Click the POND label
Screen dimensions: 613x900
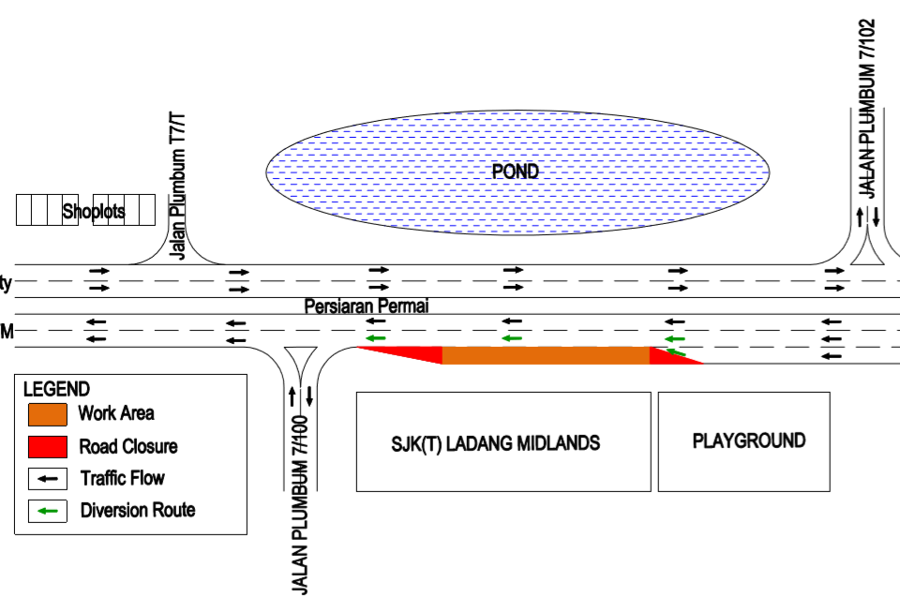click(x=516, y=172)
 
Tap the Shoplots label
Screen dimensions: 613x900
click(x=94, y=212)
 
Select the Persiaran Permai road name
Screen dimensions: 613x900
click(x=367, y=306)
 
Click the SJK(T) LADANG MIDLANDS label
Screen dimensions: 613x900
click(x=496, y=442)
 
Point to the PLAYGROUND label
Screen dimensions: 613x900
click(x=748, y=441)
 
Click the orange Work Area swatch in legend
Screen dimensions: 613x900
click(x=48, y=413)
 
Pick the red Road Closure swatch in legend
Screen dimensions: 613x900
click(x=48, y=446)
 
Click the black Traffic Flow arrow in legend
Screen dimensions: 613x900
click(x=48, y=478)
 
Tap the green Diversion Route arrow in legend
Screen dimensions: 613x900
click(x=48, y=511)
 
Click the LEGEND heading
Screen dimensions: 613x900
click(x=56, y=389)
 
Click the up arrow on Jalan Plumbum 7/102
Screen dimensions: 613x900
click(x=860, y=217)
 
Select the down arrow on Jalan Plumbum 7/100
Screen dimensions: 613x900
click(x=309, y=395)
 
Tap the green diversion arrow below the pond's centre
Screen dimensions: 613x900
click(x=511, y=337)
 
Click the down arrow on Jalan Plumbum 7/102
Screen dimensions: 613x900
click(x=876, y=217)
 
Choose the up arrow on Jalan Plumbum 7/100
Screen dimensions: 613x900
click(x=292, y=395)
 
